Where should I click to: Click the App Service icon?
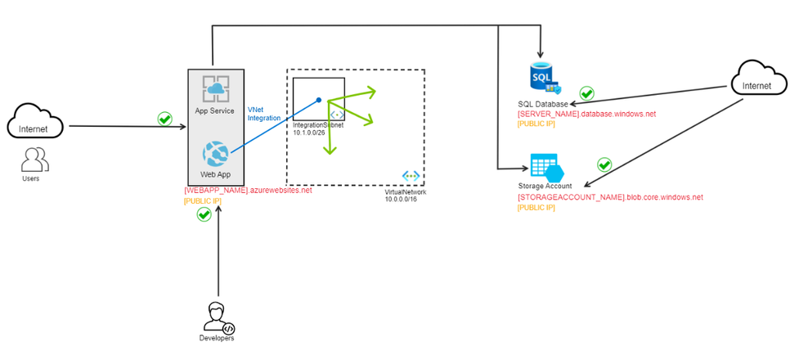(x=215, y=88)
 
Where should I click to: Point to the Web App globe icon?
(x=215, y=153)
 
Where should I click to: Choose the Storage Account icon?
(x=545, y=168)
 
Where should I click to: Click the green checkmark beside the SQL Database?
(x=586, y=93)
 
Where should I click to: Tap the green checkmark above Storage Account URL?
(x=604, y=164)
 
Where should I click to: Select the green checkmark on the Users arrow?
(x=164, y=119)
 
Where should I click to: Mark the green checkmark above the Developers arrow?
(x=204, y=214)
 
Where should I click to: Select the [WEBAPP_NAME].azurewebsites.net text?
(x=248, y=190)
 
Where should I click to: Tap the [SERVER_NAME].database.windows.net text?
(x=586, y=114)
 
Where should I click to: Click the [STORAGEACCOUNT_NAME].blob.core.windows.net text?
(x=609, y=197)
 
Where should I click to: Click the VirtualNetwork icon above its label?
(x=411, y=176)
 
